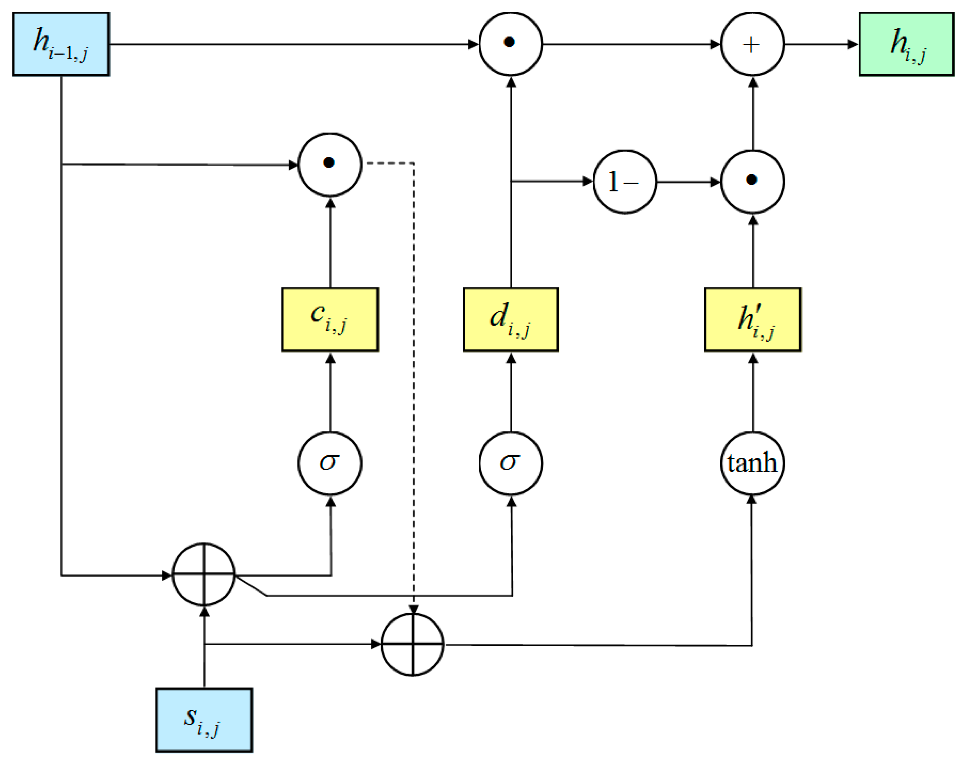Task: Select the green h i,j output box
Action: click(x=906, y=44)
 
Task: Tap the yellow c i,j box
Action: click(x=330, y=319)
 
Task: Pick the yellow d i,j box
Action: click(x=511, y=319)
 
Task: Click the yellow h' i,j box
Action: click(x=753, y=319)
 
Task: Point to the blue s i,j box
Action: click(x=204, y=720)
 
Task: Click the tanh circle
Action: click(x=752, y=463)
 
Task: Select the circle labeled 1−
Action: click(x=625, y=182)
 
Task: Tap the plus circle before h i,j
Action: click(x=752, y=44)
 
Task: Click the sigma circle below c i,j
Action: click(x=330, y=463)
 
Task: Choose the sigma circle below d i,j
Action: click(x=511, y=463)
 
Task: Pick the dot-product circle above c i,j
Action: click(x=330, y=164)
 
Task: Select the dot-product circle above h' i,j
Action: click(x=752, y=181)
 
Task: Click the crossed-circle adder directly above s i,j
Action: click(x=204, y=575)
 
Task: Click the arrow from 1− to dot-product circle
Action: click(x=688, y=182)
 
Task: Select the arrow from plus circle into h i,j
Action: click(x=821, y=44)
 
